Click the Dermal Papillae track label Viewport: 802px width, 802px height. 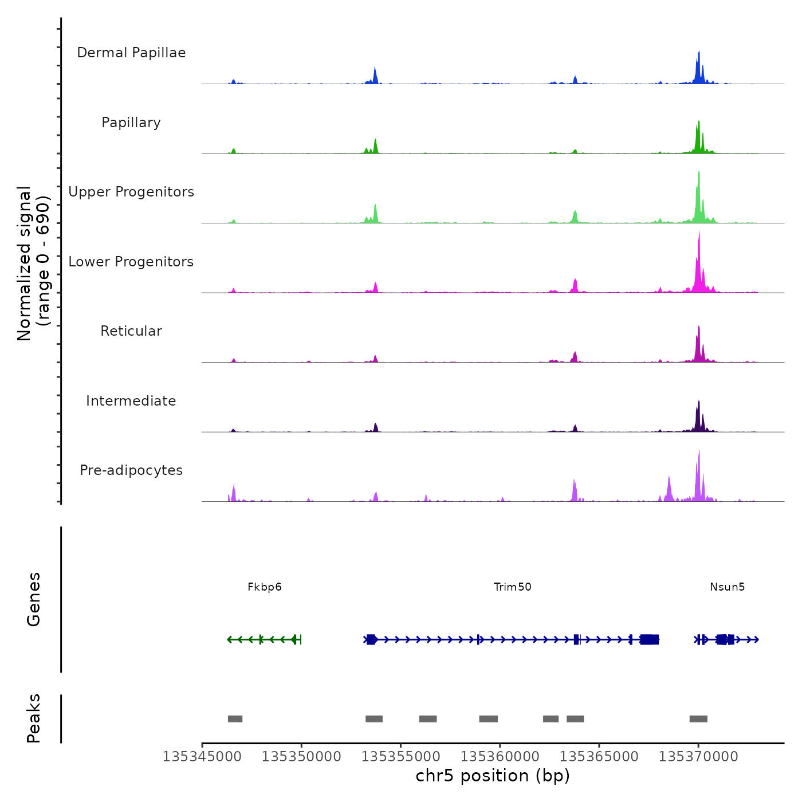[x=131, y=53]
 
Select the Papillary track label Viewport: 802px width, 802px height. [x=131, y=123]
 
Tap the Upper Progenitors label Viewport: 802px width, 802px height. [x=131, y=192]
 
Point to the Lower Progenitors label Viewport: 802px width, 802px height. [x=131, y=262]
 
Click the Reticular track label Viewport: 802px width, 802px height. [x=131, y=331]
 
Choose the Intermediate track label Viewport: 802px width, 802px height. [x=131, y=401]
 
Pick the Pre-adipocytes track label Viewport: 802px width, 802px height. [x=131, y=470]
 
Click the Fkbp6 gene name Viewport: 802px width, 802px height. [x=265, y=587]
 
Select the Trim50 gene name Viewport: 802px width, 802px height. [x=513, y=587]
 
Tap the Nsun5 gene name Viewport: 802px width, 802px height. [x=728, y=587]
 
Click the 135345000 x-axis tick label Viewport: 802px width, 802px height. [x=202, y=757]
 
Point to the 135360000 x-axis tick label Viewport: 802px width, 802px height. [x=500, y=757]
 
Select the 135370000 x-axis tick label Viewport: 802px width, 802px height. [x=698, y=757]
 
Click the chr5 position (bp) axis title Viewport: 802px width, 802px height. [x=493, y=776]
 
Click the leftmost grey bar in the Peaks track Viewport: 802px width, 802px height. [x=235, y=719]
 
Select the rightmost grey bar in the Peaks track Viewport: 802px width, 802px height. [x=698, y=719]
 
